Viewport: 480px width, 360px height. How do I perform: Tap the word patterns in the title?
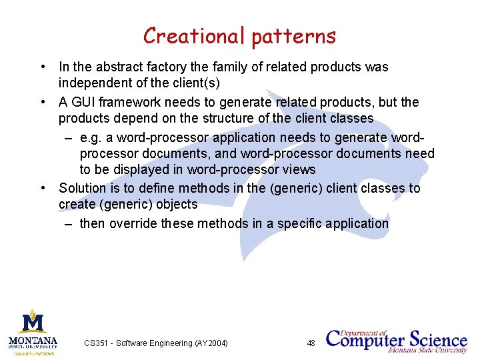pyautogui.click(x=294, y=37)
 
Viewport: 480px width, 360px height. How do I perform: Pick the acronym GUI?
pyautogui.click(x=84, y=102)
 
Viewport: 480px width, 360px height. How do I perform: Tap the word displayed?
pyautogui.click(x=137, y=169)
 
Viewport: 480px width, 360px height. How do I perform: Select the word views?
pyautogui.click(x=299, y=169)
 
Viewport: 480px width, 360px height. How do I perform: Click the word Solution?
pyautogui.click(x=83, y=188)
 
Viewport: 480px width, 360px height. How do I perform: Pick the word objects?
pyautogui.click(x=176, y=204)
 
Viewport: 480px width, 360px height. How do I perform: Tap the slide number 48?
pyautogui.click(x=311, y=343)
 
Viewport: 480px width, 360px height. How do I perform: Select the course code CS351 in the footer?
pyautogui.click(x=97, y=343)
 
